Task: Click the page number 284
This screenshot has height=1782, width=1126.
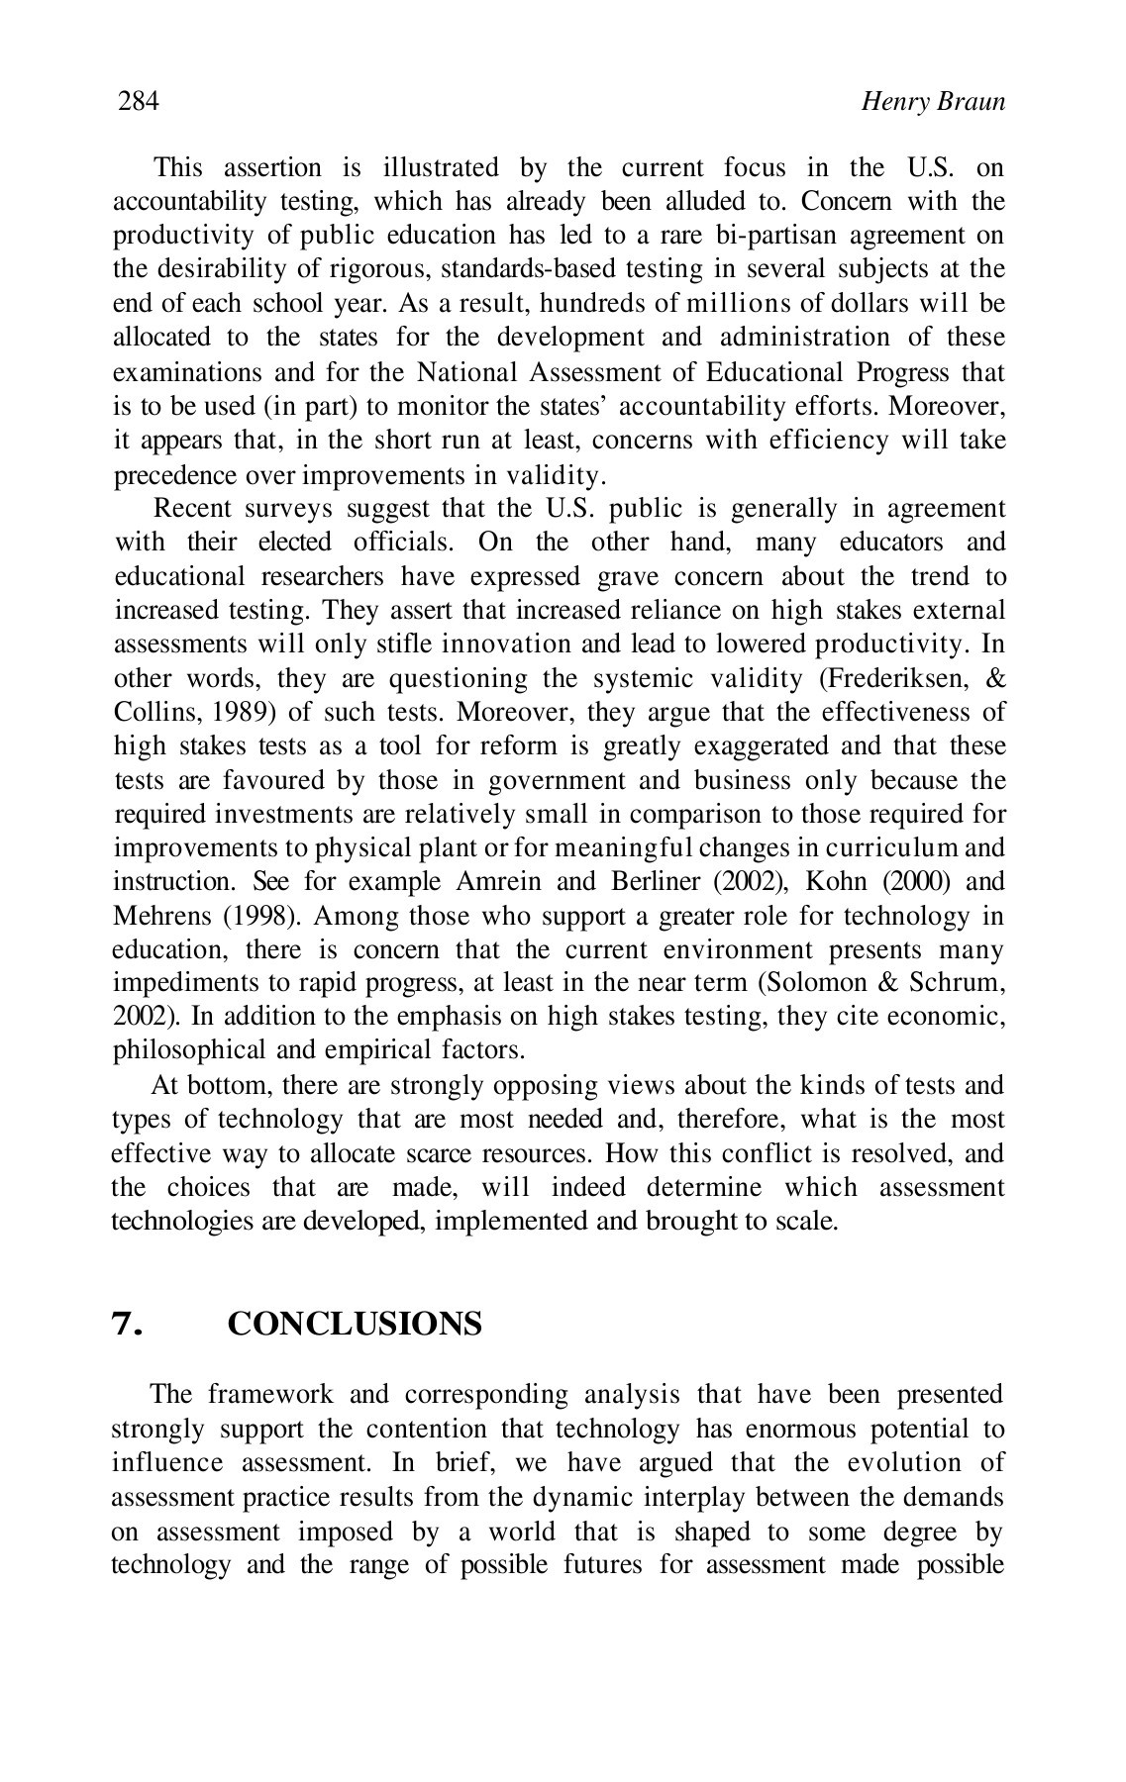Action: click(139, 101)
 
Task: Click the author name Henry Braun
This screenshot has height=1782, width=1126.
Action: click(933, 102)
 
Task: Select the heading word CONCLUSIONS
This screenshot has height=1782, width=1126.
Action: click(355, 1325)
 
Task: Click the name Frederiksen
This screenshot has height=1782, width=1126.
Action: click(912, 678)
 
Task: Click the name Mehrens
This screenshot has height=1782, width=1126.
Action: click(162, 916)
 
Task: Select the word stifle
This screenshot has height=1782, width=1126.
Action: click(378, 644)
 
